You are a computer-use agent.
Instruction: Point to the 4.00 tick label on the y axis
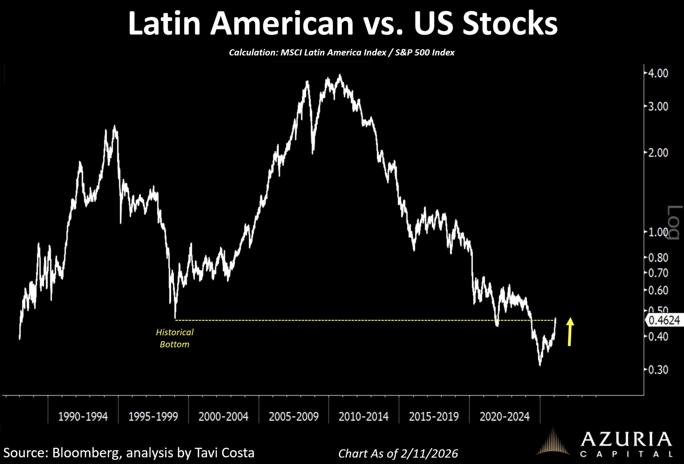tap(658, 73)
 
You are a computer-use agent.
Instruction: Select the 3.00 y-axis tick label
tap(658, 106)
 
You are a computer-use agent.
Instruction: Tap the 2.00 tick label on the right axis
tap(658, 153)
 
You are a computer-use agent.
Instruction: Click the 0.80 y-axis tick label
tap(658, 258)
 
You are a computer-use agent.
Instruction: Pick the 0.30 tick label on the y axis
tap(658, 369)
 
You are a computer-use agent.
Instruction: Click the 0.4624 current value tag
tap(664, 320)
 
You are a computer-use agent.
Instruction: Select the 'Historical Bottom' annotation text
tap(175, 338)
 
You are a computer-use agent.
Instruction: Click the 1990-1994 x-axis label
tap(83, 417)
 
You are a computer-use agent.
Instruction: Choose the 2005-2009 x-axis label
tap(293, 417)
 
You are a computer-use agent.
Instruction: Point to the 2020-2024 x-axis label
tap(504, 417)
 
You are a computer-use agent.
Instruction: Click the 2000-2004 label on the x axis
tap(224, 417)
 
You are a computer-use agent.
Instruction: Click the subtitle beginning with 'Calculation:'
tap(342, 53)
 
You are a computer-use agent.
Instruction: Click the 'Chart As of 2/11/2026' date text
tap(398, 453)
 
